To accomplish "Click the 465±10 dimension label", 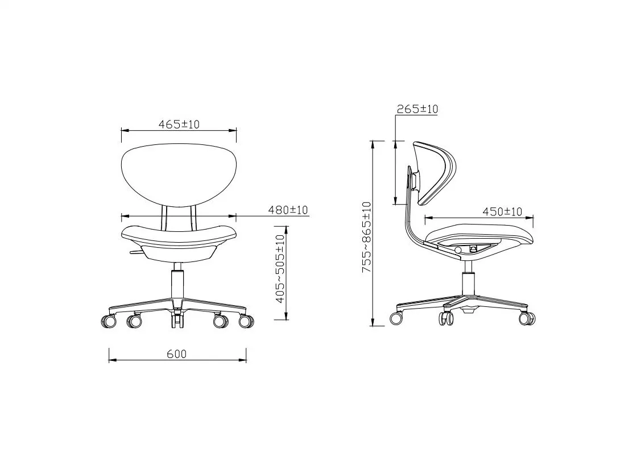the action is (x=179, y=124).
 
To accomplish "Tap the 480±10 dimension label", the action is (x=288, y=210).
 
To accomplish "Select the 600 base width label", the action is (x=177, y=354).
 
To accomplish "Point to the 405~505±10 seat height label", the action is (x=280, y=269).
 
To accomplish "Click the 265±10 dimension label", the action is (x=417, y=109).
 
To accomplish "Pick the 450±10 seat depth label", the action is (x=502, y=211).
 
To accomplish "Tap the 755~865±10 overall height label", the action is (x=366, y=238).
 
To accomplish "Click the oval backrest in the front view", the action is (x=179, y=174).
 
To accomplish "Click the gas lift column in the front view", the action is (x=177, y=284).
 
